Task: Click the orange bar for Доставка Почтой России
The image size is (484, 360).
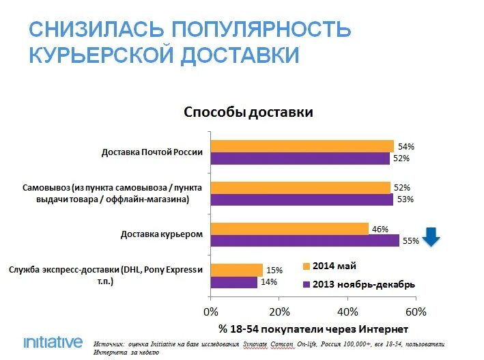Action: tap(302, 146)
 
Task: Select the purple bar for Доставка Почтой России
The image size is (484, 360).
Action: tap(300, 158)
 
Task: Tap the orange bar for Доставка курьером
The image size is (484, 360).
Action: tap(289, 228)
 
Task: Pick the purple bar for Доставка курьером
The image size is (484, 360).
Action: tap(304, 240)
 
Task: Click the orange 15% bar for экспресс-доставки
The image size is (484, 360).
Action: tap(237, 269)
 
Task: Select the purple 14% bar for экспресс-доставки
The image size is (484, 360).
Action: tap(234, 282)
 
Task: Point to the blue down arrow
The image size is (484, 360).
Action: tap(431, 237)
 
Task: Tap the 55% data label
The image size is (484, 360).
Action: tap(411, 240)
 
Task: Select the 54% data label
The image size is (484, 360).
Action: tap(405, 146)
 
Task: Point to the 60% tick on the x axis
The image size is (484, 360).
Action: tap(415, 311)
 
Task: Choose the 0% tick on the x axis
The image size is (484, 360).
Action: tap(211, 311)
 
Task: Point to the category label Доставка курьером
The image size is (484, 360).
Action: tap(162, 234)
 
